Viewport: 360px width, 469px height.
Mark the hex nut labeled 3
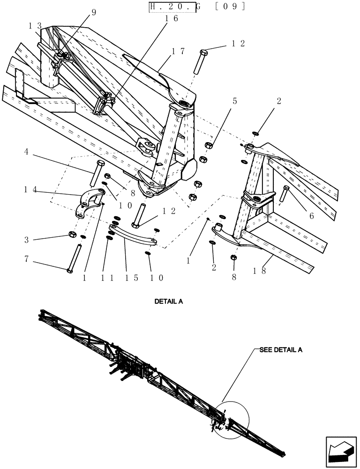tap(73, 234)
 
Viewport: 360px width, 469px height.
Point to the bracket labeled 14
tap(90, 202)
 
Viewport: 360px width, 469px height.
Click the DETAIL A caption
tap(169, 302)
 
